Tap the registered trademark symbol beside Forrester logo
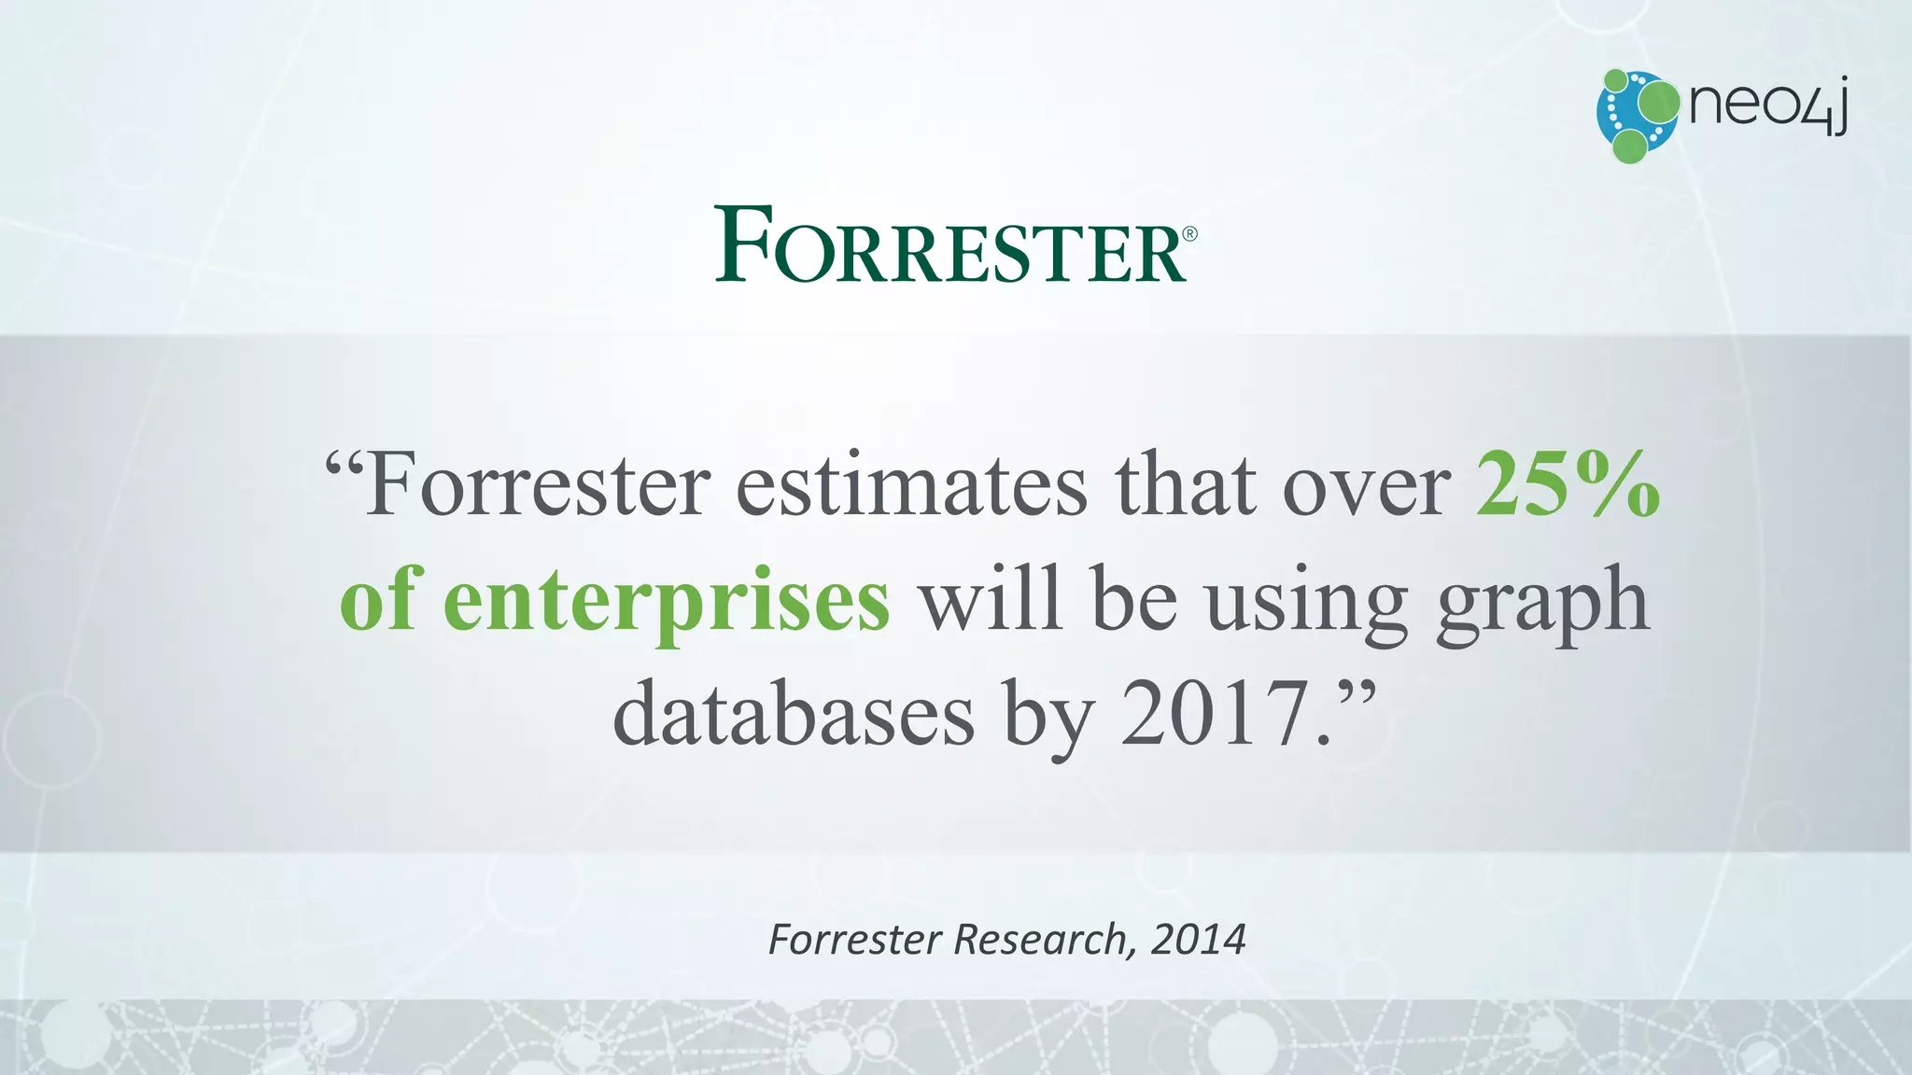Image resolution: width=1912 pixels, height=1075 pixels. coord(1189,234)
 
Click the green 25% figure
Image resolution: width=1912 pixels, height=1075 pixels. coord(1568,485)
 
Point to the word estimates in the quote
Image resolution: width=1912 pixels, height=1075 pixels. coord(911,487)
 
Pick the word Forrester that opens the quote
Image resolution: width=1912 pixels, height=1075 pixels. coord(538,487)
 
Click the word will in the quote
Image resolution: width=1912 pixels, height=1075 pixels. coord(991,600)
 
